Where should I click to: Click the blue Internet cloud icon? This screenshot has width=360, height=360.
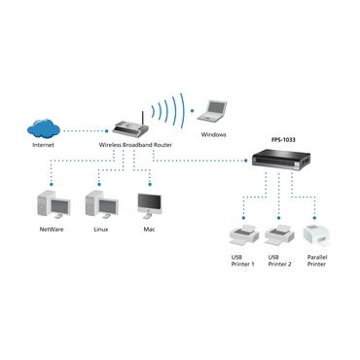[45, 126]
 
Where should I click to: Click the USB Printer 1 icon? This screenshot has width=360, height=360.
[240, 234]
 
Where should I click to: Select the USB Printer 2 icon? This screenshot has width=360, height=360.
[278, 234]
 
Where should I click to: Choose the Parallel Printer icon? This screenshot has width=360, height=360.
[317, 234]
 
